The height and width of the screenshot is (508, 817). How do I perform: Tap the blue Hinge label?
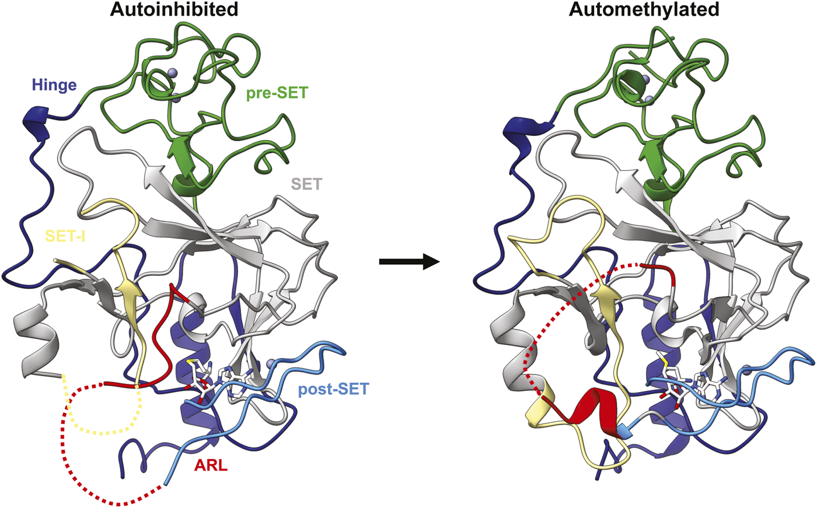(x=54, y=85)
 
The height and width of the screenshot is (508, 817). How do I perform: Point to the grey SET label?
(x=306, y=184)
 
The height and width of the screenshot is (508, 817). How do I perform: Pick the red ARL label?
(x=212, y=467)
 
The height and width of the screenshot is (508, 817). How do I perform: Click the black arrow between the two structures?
(x=408, y=262)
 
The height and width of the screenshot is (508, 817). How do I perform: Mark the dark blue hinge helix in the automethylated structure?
(x=519, y=127)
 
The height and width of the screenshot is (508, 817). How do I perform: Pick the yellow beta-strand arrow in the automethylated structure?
(x=605, y=295)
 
